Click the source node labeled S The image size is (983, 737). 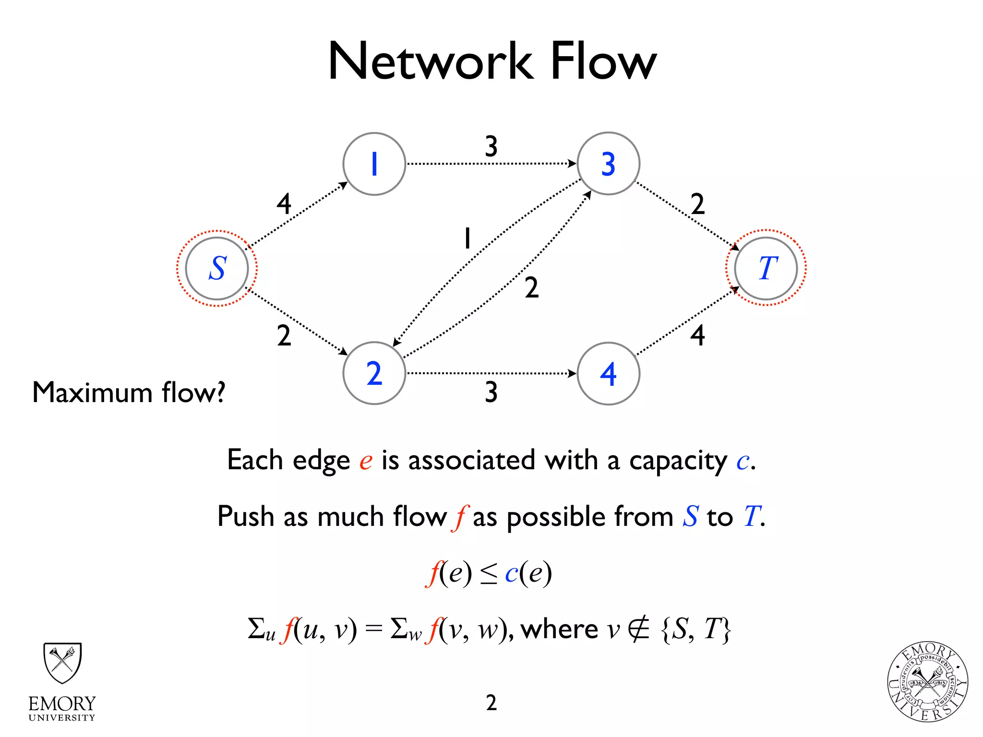tap(217, 268)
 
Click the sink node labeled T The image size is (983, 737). tap(766, 268)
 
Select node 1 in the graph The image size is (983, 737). tap(374, 164)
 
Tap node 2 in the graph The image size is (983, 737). tap(374, 373)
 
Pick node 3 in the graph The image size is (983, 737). tap(608, 164)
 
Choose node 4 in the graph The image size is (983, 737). tap(608, 374)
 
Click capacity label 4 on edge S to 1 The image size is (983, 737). tap(284, 204)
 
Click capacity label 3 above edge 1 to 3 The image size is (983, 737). tap(491, 146)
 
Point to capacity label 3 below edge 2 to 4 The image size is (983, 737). tap(491, 392)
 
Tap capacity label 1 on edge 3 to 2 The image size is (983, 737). tap(467, 238)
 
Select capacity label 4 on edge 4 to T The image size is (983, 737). tap(697, 335)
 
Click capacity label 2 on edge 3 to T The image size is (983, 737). tap(697, 204)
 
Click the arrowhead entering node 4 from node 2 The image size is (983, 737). tap(572, 373)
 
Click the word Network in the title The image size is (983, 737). tap(431, 61)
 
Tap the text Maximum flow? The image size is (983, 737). tap(129, 392)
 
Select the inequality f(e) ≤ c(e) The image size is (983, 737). tap(489, 573)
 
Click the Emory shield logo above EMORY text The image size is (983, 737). tap(62, 663)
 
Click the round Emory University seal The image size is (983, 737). tap(927, 682)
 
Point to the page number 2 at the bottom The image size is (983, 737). tap(491, 703)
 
